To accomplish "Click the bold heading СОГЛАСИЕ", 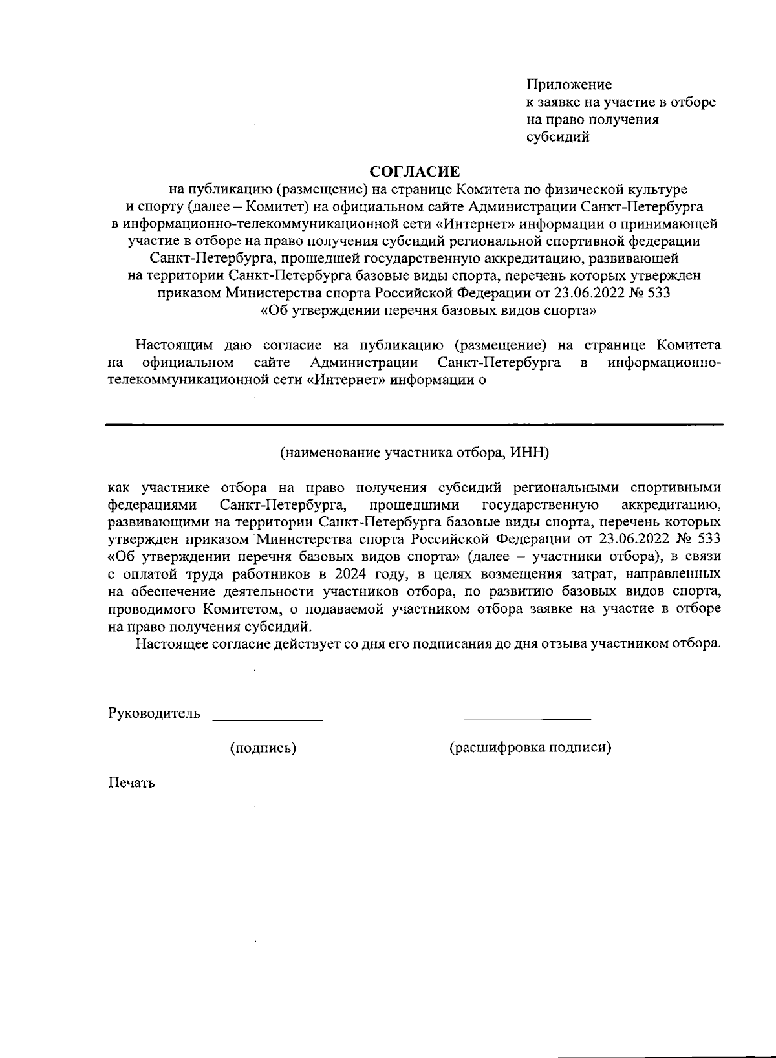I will [414, 171].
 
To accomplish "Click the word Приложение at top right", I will [568, 85].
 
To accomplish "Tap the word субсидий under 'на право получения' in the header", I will [557, 137].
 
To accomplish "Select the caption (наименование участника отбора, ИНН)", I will [414, 452].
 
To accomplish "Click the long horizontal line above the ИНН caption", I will [414, 424].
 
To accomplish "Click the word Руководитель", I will [154, 713].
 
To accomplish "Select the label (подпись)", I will [263, 748].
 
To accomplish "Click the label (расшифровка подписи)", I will [530, 748].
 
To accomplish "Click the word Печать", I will [131, 783].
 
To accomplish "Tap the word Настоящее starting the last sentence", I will [173, 644].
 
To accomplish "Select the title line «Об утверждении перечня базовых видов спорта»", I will [427, 310].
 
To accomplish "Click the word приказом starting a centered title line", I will [189, 293].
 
